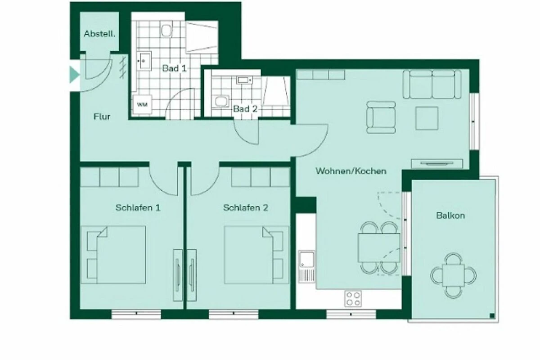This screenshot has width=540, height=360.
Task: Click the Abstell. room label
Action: point(99,34)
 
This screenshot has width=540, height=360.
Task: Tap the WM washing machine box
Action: point(143,104)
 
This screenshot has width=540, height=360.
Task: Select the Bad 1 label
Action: point(174,68)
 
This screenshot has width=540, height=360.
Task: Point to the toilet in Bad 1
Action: point(166,29)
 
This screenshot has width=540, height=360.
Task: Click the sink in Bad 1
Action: point(144,61)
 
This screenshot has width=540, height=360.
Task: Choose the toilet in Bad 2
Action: point(220,101)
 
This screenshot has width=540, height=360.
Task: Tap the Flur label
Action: point(102,117)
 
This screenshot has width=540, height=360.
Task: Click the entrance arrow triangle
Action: point(75,75)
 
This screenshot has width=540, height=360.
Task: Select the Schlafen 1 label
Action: point(138,207)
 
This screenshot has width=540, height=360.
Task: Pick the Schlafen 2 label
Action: point(245,207)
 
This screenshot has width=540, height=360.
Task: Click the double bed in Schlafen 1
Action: point(113,255)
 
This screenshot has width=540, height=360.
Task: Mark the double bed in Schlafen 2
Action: point(256,255)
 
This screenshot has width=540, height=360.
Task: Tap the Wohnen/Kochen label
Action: point(351,171)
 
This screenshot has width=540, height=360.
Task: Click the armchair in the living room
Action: point(381,117)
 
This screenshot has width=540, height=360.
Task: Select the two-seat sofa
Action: point(432,85)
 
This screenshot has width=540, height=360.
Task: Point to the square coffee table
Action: point(427,118)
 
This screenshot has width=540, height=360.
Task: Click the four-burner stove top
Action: point(353,299)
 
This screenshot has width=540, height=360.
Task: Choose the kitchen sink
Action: point(306,266)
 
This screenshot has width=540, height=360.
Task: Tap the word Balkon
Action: point(450,215)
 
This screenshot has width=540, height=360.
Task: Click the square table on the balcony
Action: point(454,275)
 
